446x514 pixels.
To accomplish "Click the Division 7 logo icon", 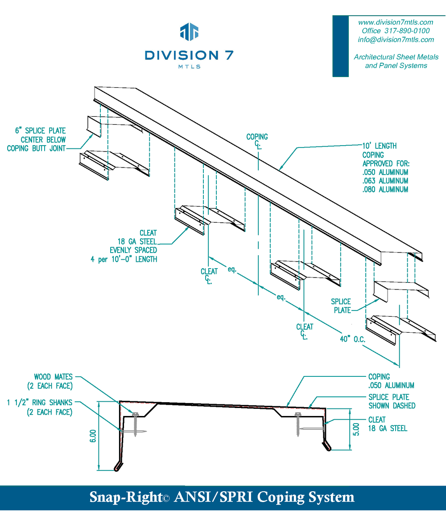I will [189, 31].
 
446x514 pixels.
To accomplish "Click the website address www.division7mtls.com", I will [396, 22].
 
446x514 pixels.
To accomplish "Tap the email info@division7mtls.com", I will [396, 40].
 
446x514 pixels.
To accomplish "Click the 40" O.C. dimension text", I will [352, 339].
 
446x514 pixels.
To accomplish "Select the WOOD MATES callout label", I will [53, 377].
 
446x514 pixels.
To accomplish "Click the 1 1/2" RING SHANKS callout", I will [39, 403].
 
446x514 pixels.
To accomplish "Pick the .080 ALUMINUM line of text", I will [385, 189].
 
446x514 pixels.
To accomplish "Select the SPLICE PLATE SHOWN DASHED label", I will [392, 401].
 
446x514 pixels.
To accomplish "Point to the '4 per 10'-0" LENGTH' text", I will [124, 259].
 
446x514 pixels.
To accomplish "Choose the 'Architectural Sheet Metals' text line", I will [396, 57].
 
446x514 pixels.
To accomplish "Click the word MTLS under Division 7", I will [189, 66].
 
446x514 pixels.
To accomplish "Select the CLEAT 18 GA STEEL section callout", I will [387, 424].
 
